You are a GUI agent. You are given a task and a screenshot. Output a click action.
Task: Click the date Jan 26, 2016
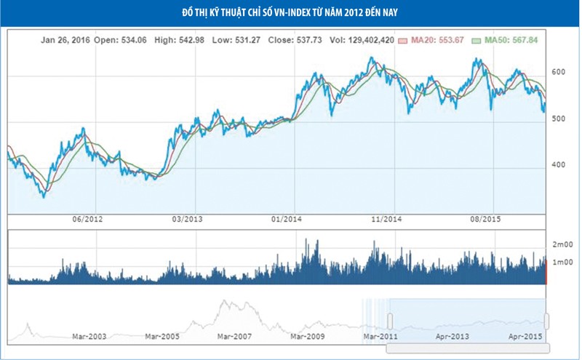tap(65, 41)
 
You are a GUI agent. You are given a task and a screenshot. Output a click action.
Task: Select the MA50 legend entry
tap(508, 41)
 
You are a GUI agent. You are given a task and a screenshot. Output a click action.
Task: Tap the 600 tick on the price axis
tap(558, 72)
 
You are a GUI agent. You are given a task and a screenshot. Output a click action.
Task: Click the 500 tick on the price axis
tap(558, 119)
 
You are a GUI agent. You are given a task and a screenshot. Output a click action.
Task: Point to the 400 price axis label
tap(558, 165)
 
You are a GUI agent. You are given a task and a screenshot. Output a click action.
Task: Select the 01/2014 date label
tap(286, 219)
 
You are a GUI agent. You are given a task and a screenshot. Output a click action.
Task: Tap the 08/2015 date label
tap(486, 219)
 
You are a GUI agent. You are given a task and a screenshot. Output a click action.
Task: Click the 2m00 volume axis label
tap(562, 244)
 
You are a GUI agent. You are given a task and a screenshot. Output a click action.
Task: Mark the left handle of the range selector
tap(391, 321)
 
